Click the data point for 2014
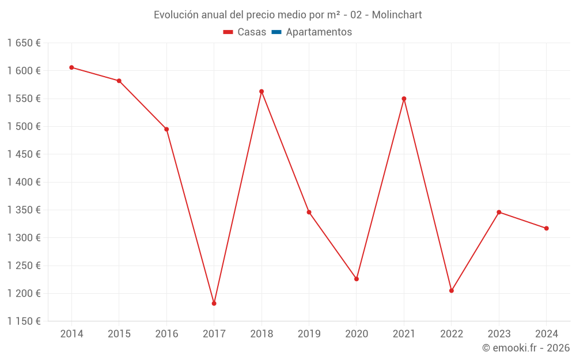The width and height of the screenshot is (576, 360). coord(71,67)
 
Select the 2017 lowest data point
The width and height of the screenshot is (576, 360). coord(214,304)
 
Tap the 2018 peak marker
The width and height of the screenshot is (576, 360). coord(262,92)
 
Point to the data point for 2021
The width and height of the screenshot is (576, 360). coord(404,98)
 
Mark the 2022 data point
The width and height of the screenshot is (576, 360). coord(452,291)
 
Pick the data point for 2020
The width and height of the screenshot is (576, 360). coord(357,279)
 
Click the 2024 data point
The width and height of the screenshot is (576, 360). coord(547,229)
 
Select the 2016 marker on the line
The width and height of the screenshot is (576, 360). coord(166,129)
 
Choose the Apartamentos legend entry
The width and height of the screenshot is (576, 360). coord(319,32)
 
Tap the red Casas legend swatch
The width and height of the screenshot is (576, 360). coord(229,32)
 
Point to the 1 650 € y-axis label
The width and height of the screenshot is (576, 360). coord(24,43)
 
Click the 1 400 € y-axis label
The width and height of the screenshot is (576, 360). coord(24,182)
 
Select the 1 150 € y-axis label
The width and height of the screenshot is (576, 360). coord(24,321)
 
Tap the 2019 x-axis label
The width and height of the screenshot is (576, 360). coord(309,334)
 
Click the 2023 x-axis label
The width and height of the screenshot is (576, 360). coord(499,334)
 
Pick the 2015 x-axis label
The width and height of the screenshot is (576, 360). coord(119,334)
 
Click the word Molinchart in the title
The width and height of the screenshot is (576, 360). coord(397,15)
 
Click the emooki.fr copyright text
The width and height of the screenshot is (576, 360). coord(526,348)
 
